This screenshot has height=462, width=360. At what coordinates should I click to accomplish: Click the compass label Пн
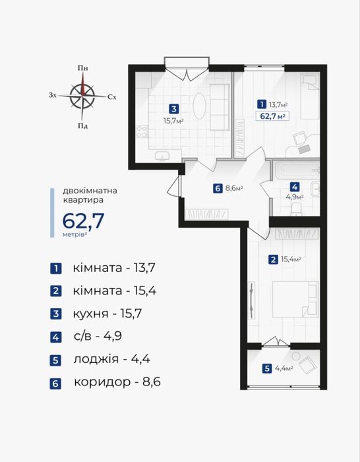[83, 68]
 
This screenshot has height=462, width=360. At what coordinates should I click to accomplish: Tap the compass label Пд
[83, 127]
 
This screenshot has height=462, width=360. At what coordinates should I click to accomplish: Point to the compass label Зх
[52, 95]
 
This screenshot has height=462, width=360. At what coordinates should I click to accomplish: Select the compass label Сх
[112, 96]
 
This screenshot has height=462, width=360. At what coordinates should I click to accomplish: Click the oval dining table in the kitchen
[199, 106]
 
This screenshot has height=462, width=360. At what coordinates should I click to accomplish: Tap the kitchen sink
[162, 156]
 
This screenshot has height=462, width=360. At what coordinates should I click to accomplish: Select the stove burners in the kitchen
[142, 131]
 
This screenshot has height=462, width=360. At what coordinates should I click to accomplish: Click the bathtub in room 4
[296, 171]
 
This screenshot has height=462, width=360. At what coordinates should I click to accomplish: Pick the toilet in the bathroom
[297, 210]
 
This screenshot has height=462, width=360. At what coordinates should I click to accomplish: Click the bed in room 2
[295, 299]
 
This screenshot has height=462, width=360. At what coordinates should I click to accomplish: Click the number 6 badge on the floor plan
[218, 188]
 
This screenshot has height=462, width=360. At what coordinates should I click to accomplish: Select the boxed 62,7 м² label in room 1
[272, 116]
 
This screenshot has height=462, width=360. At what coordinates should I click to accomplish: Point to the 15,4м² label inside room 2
[290, 259]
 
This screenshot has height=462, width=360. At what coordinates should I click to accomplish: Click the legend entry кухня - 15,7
[107, 313]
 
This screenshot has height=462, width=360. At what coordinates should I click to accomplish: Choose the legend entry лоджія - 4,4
[112, 359]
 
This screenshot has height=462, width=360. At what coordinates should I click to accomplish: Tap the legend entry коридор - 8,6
[117, 382]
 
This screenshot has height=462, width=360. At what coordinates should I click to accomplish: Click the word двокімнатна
[90, 191]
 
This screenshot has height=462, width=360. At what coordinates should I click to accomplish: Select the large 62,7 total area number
[83, 221]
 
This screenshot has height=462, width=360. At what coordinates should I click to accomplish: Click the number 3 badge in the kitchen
[174, 110]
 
